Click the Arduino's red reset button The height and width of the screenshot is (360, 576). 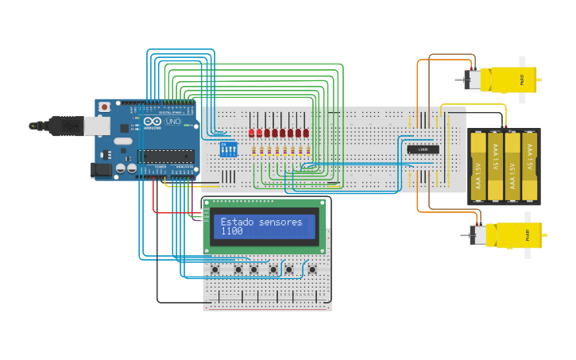pyautogui.click(x=104, y=106)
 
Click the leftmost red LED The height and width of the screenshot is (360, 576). pyautogui.click(x=252, y=133)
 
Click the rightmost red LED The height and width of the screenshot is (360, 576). pyautogui.click(x=307, y=133)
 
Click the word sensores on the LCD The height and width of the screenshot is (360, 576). pyautogui.click(x=281, y=222)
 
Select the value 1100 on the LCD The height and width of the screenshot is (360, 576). pyautogui.click(x=231, y=231)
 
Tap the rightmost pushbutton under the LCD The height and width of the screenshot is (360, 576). pyautogui.click(x=311, y=269)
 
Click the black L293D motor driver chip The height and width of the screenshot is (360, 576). pyautogui.click(x=423, y=149)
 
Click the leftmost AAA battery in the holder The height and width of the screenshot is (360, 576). pyautogui.click(x=477, y=167)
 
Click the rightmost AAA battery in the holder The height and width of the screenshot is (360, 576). pyautogui.click(x=529, y=167)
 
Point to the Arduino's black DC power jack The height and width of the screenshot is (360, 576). pyautogui.click(x=102, y=168)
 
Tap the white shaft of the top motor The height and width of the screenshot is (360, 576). pyautogui.click(x=522, y=79)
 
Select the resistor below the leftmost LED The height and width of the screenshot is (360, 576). pyautogui.click(x=253, y=149)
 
